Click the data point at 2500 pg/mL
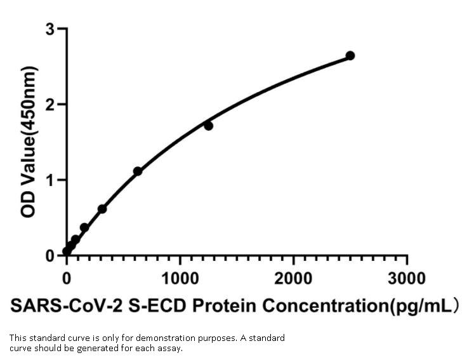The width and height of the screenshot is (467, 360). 350,56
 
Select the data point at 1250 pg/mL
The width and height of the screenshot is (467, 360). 208,126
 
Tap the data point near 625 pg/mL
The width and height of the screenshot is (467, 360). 138,171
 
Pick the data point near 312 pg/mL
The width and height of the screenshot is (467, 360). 102,209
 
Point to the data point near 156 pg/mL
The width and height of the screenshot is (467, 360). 84,227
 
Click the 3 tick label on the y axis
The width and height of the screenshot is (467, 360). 49,29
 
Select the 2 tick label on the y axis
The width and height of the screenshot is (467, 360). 49,104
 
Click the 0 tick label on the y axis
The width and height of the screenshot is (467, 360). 49,255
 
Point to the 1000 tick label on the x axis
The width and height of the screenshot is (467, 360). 180,278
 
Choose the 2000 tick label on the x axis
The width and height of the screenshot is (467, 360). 293,278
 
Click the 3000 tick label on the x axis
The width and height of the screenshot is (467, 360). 407,278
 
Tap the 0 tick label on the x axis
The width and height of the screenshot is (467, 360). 67,278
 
